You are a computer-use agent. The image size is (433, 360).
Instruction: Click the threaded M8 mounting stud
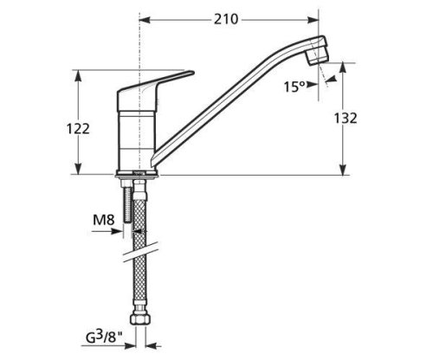pos(130,208)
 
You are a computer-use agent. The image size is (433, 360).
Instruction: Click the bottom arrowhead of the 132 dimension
pos(344,170)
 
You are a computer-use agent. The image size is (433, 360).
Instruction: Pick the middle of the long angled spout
pos(229,94)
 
